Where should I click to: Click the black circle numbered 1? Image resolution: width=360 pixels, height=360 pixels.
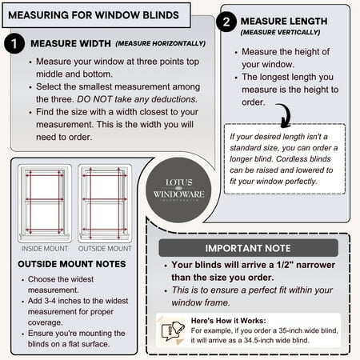coord(14,43)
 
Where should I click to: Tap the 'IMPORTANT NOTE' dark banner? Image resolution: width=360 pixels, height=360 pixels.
coord(248,248)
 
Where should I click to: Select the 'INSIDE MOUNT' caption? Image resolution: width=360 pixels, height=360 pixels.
coord(44,248)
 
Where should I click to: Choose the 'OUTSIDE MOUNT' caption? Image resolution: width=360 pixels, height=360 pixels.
coord(106,248)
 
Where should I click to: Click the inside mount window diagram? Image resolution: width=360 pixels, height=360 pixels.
coord(44,204)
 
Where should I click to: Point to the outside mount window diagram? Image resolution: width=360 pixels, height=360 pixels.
coord(106,204)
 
